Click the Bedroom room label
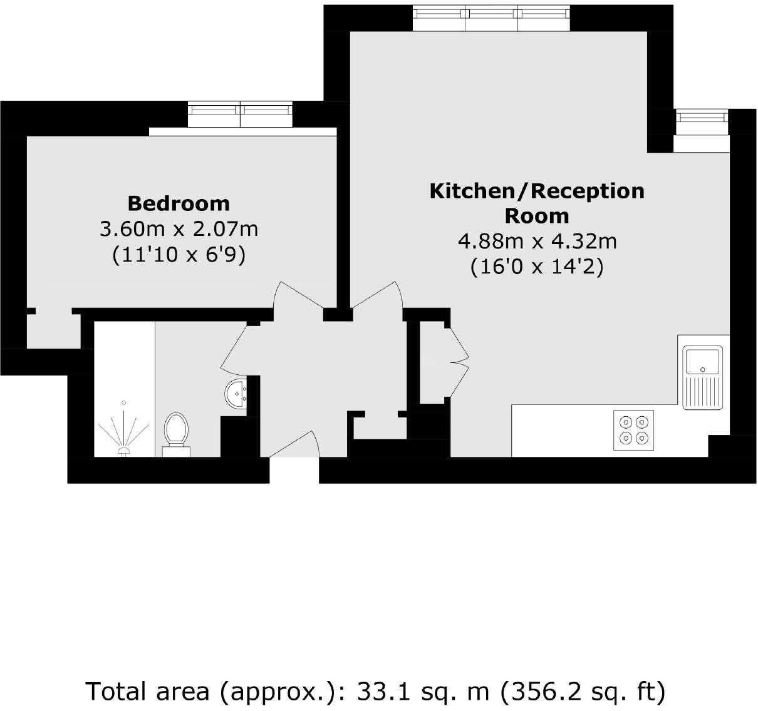click(x=179, y=203)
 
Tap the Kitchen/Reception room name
click(x=537, y=203)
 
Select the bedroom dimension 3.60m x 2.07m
click(x=179, y=229)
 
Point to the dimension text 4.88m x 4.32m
click(x=537, y=241)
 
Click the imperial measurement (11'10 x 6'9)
click(x=179, y=255)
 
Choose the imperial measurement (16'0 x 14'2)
click(x=537, y=267)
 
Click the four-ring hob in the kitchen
click(x=633, y=430)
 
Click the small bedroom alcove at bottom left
click(x=53, y=330)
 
